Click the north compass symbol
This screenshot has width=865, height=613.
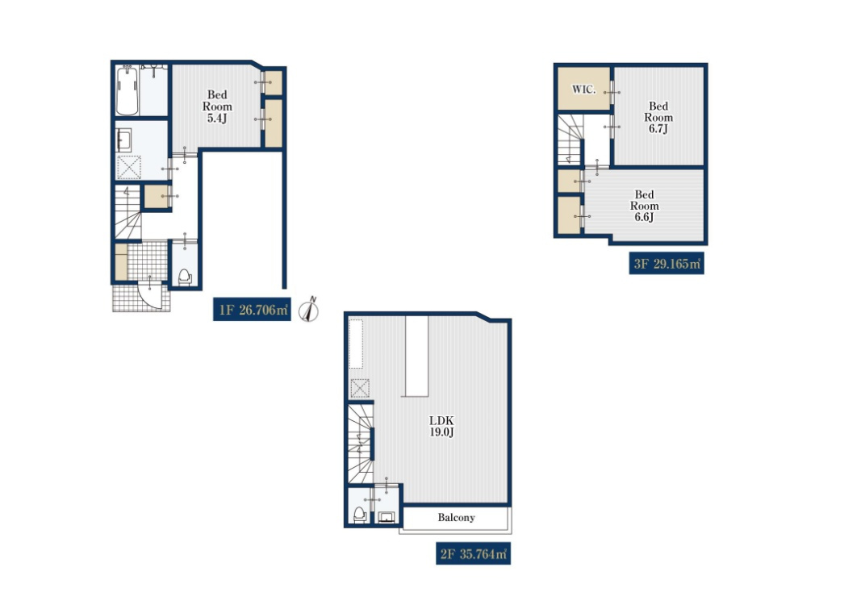click(309, 310)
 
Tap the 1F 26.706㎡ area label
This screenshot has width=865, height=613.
click(252, 310)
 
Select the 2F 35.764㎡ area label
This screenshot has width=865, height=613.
click(474, 553)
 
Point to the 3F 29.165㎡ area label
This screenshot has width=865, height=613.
click(667, 264)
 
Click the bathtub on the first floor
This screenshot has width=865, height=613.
click(127, 90)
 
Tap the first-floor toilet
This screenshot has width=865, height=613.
click(185, 276)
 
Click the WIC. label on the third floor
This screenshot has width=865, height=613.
click(583, 90)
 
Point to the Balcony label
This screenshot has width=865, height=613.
click(456, 518)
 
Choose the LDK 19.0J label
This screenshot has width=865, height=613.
click(441, 427)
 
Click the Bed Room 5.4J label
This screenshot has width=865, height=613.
click(217, 106)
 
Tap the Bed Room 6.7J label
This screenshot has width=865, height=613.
click(658, 118)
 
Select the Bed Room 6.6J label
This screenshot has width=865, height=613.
click(645, 206)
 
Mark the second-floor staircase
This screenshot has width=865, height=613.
click(361, 444)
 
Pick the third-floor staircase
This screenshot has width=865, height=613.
click(570, 140)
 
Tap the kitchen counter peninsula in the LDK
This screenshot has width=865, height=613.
click(417, 357)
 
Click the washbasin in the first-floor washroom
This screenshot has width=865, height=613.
click(123, 140)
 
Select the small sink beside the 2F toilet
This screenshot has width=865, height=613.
click(387, 517)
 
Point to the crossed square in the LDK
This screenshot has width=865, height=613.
click(360, 389)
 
